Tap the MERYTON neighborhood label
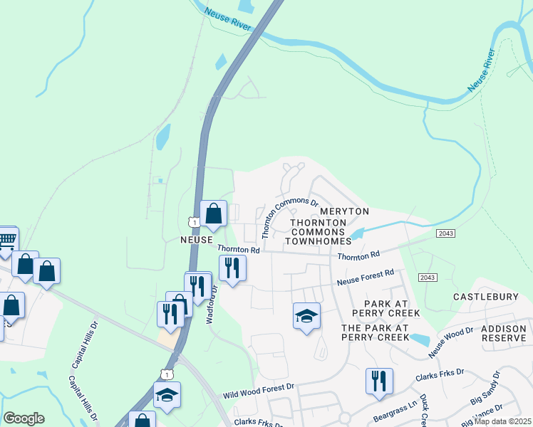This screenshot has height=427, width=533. pyautogui.click(x=344, y=212)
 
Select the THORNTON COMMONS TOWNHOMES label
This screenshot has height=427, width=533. pyautogui.click(x=319, y=233)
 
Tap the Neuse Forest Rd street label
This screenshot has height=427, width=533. pyautogui.click(x=366, y=278)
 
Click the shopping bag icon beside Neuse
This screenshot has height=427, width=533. pyautogui.click(x=213, y=212)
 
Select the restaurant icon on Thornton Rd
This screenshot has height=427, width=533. pyautogui.click(x=232, y=268)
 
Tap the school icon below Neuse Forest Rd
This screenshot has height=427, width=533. pyautogui.click(x=306, y=315)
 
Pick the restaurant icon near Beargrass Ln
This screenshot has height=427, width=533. pyautogui.click(x=379, y=381)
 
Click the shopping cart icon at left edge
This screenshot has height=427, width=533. pyautogui.click(x=7, y=239)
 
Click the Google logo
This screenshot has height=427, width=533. pyautogui.click(x=24, y=418)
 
